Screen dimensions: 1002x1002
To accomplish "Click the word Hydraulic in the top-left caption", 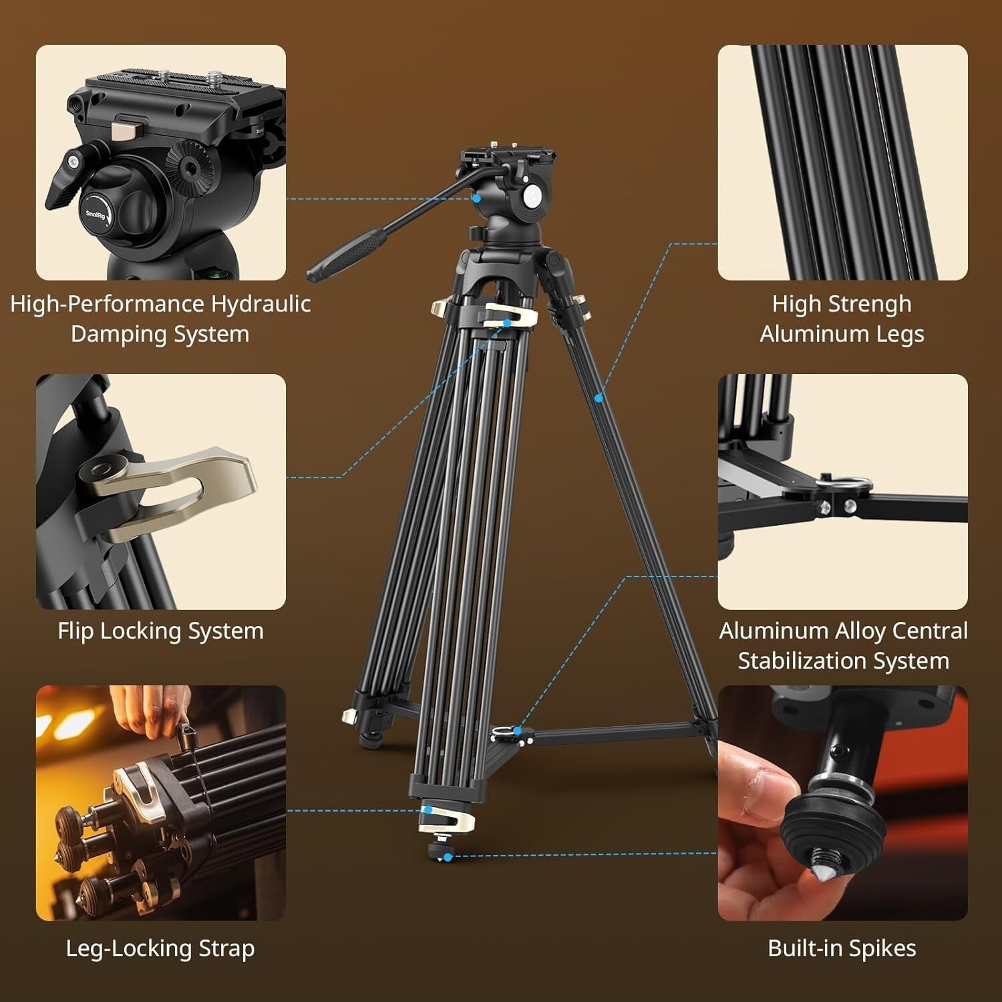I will click(261, 305).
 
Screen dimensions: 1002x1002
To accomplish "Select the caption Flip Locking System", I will click(160, 631).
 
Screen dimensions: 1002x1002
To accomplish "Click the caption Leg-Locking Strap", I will click(160, 949).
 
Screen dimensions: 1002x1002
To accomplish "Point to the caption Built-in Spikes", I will click(842, 949).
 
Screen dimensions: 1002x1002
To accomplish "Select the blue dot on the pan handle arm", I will click(476, 198).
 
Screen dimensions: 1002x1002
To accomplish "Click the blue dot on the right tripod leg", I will click(599, 398).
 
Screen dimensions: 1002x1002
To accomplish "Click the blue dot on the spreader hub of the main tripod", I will click(517, 731).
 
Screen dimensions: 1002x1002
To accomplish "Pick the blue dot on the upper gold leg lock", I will click(507, 323).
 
